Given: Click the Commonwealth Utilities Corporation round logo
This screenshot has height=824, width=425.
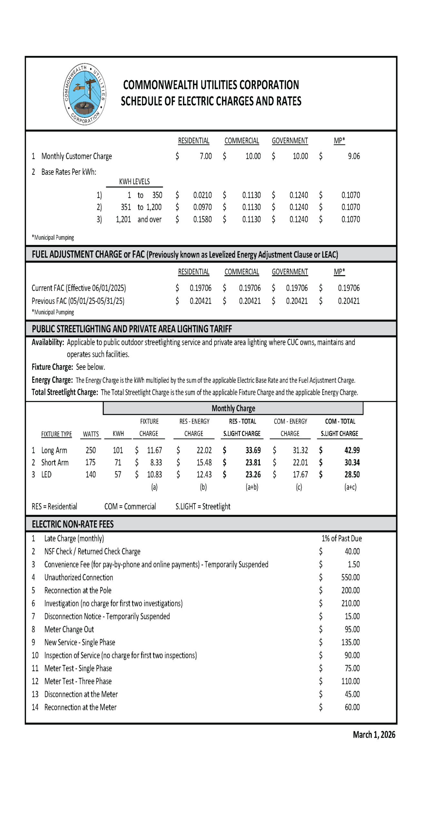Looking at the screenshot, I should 85,94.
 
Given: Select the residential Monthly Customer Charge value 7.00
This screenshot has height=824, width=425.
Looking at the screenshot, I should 206,156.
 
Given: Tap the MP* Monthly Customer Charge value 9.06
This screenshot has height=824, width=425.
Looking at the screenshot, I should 353,156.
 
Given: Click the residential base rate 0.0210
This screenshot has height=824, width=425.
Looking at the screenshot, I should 202,195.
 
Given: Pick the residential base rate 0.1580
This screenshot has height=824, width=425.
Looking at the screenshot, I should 202,220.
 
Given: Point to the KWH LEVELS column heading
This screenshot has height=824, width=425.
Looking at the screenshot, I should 134,182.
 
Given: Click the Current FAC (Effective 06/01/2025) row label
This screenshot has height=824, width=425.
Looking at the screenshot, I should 79,288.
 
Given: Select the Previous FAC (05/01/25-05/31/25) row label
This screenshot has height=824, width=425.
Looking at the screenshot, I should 78,301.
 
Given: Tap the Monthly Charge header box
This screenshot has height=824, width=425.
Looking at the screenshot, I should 233,408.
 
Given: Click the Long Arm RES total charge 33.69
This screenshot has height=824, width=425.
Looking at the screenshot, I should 253,450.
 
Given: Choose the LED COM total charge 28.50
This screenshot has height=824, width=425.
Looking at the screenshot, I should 352,474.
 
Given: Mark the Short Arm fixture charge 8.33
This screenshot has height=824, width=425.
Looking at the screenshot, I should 156,463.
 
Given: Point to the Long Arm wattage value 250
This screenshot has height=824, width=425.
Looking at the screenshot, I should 91,450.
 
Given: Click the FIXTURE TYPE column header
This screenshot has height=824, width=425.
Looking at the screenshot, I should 56,434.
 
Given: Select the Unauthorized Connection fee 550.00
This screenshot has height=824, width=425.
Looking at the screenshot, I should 350,577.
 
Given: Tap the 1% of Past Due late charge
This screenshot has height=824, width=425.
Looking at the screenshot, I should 342,538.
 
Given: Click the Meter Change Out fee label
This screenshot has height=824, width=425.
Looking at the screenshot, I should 69,629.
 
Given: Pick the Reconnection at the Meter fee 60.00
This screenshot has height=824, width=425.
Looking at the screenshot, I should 352,707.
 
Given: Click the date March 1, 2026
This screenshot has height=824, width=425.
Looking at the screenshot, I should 374,735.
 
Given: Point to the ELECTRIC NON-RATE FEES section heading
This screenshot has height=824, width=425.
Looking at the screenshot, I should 73,524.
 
